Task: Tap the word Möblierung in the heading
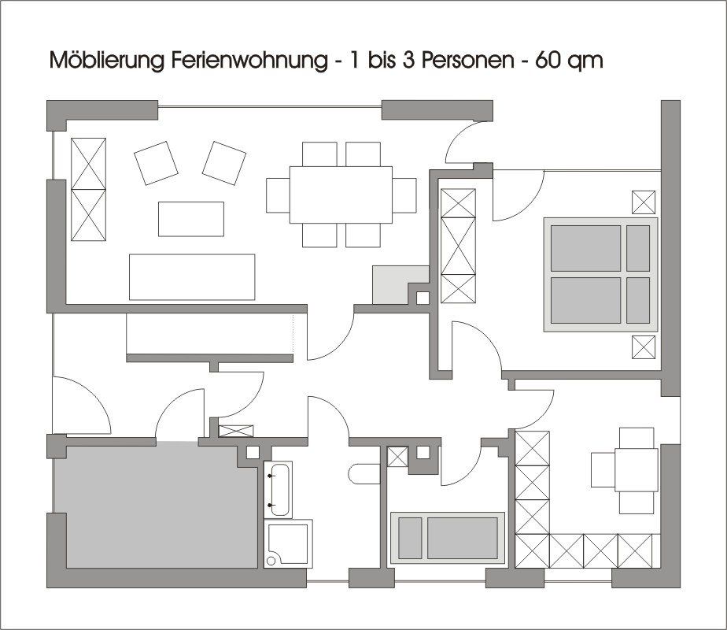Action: (108, 61)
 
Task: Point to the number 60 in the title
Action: (548, 61)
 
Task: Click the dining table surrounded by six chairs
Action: (341, 195)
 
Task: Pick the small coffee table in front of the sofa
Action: (191, 219)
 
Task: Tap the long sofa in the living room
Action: (192, 277)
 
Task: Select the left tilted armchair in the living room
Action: (156, 163)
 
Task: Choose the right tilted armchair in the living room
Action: (224, 163)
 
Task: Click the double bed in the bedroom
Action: (600, 275)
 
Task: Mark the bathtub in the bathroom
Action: (279, 490)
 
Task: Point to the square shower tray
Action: (288, 543)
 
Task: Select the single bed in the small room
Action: (448, 538)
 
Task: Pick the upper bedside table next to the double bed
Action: (644, 202)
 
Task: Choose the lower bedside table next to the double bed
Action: (644, 346)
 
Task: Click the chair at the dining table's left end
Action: (279, 195)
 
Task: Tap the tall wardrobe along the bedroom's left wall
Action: (459, 246)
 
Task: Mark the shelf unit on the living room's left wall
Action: (89, 189)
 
